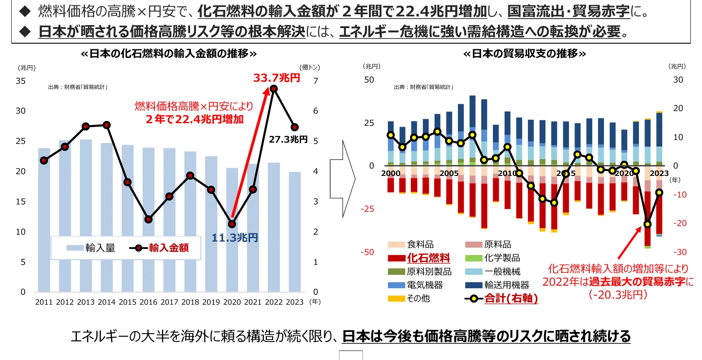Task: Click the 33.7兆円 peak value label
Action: [x=276, y=78]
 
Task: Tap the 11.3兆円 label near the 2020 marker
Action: [x=235, y=238]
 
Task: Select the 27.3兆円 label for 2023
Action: [x=288, y=140]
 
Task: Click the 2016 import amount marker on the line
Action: [x=148, y=220]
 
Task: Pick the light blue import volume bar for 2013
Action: [x=86, y=216]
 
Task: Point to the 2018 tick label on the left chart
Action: [x=190, y=302]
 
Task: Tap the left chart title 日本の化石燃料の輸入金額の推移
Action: [x=168, y=54]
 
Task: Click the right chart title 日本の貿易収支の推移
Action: [x=524, y=54]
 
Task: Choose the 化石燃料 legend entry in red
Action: [x=428, y=258]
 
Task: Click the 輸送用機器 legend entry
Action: [x=506, y=285]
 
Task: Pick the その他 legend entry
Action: [x=418, y=298]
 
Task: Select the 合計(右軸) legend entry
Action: [x=511, y=298]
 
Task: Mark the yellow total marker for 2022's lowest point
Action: [x=647, y=224]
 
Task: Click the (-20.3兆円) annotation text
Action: [x=618, y=295]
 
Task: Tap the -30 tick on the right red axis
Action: [x=680, y=252]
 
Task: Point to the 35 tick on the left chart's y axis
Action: [x=21, y=81]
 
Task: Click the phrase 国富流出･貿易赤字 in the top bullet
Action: [x=568, y=12]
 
